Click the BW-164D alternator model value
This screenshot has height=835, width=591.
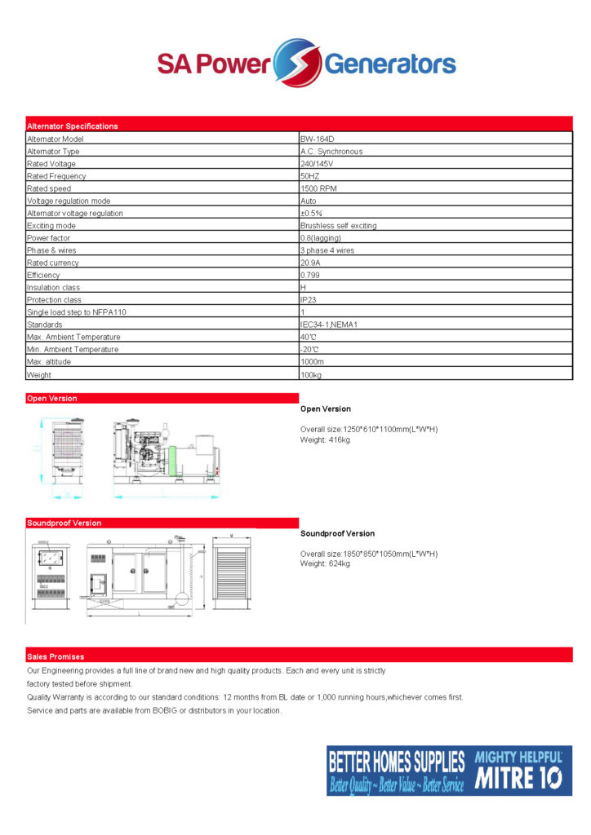pos(315,139)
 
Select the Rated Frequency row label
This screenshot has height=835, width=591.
pos(56,176)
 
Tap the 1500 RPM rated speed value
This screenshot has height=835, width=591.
pos(319,188)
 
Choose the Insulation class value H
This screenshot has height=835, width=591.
pos(303,288)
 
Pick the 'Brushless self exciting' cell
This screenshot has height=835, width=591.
pos(338,226)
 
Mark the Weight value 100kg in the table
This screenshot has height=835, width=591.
pos(312,375)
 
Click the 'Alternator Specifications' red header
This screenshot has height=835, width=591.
pos(73,126)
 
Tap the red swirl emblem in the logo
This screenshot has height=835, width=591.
pos(296,62)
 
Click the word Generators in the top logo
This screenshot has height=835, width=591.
pos(390,64)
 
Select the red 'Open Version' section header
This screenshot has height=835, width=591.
pos(52,399)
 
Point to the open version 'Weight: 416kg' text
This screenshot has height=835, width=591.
pos(325,440)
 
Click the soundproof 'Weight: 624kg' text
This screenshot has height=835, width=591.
pos(325,563)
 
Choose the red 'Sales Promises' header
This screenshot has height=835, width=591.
pos(56,656)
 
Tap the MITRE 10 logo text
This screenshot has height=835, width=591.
pos(518,778)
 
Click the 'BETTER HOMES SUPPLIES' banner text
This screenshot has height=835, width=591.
pos(396,762)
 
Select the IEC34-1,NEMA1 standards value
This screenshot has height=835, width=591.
pos(329,325)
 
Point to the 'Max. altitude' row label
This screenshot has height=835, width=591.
pos(50,362)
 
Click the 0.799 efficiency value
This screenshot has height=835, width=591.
pos(313,276)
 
